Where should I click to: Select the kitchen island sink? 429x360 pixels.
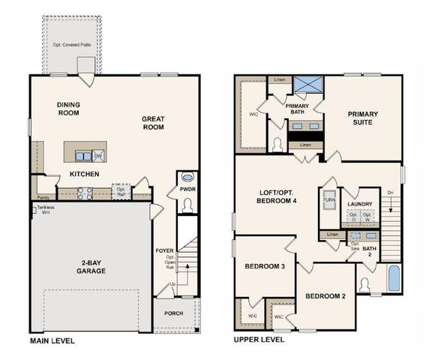(x=82, y=155)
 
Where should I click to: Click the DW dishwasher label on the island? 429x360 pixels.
(x=97, y=156)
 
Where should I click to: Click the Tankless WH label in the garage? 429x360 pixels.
(x=41, y=211)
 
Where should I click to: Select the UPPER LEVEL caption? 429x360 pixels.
(x=259, y=340)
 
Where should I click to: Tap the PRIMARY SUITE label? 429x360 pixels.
(x=361, y=118)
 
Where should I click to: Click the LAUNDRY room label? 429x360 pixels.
(x=358, y=202)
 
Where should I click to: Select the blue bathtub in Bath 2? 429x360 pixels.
(x=394, y=279)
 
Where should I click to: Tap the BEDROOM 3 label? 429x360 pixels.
(x=264, y=267)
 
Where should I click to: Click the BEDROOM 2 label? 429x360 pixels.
(x=325, y=296)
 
